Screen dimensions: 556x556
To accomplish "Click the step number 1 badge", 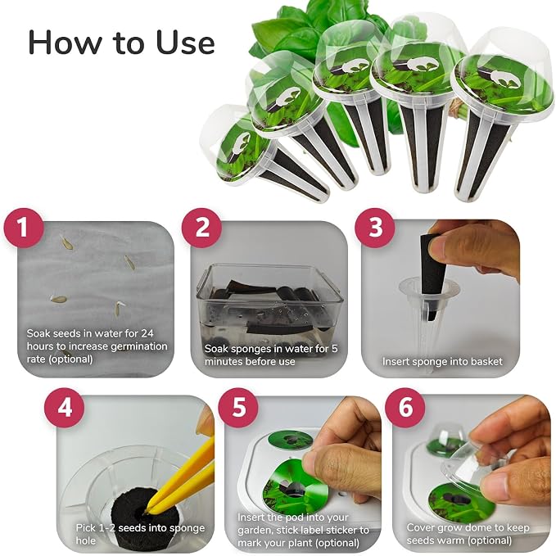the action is (24, 228).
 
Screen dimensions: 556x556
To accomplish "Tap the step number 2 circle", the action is (201, 228).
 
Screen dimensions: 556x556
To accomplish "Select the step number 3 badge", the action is (375, 228).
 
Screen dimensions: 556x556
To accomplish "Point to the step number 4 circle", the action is (64, 408).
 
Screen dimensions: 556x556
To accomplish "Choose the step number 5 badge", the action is (238, 408).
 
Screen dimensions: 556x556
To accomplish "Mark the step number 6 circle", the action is (405, 408).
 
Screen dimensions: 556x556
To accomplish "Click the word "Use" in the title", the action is (185, 43).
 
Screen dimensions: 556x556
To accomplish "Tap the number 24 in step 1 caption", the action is (147, 333).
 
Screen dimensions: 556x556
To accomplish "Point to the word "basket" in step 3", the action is (486, 361).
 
